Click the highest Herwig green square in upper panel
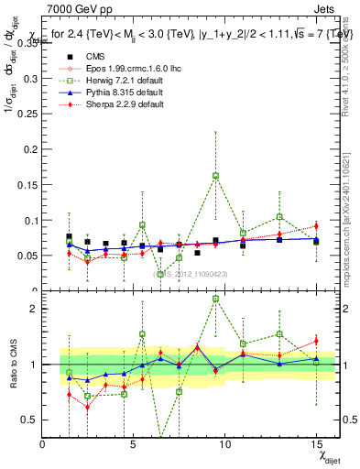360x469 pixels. (215, 175)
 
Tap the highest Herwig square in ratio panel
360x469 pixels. (215, 299)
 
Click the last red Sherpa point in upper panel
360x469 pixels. (316, 225)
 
